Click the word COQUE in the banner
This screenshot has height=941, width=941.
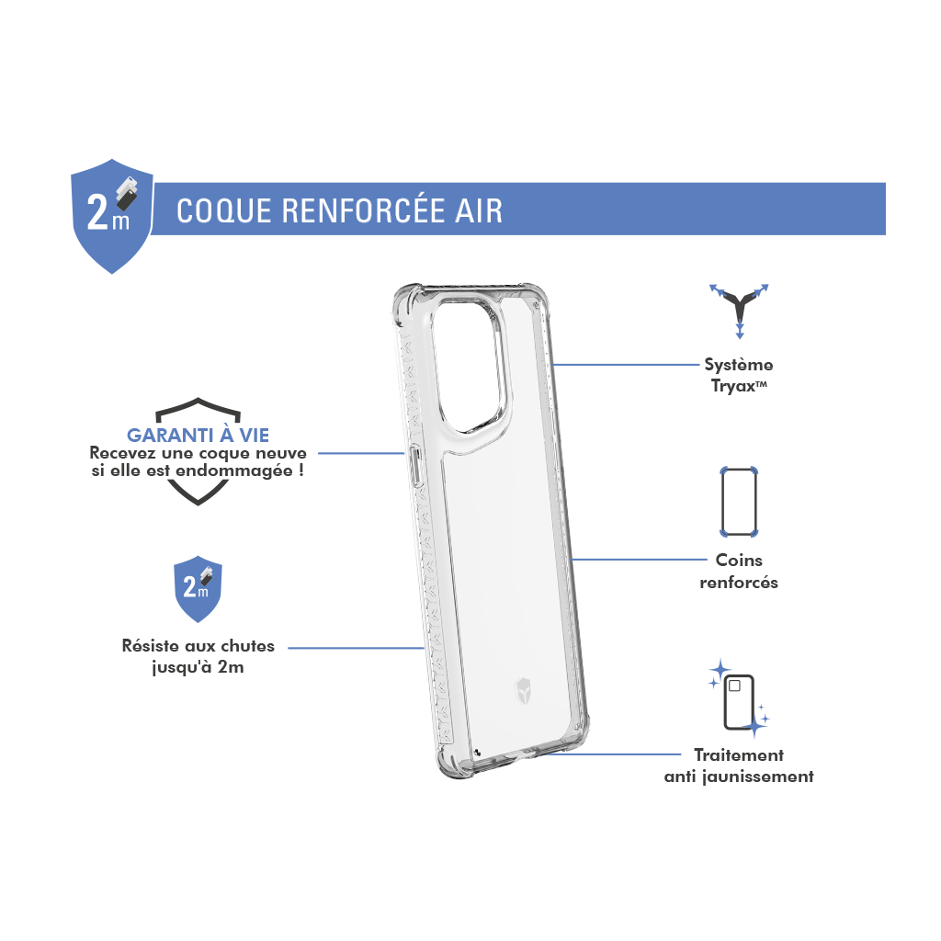click(x=224, y=210)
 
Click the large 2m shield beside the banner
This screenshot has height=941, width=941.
click(x=111, y=216)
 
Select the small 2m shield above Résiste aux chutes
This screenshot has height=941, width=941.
click(x=198, y=589)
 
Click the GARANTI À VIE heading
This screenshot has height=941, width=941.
click(x=198, y=435)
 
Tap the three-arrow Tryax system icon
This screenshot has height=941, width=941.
click(x=740, y=311)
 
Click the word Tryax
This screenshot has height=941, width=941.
click(x=733, y=386)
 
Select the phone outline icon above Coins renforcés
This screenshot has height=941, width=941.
click(x=739, y=502)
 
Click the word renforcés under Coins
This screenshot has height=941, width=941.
click(x=739, y=582)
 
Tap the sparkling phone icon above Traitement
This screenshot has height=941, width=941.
click(x=739, y=698)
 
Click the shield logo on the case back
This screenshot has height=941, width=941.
click(x=523, y=691)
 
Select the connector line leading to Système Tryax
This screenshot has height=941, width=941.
click(x=626, y=364)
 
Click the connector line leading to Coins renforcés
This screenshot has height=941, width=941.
click(x=640, y=560)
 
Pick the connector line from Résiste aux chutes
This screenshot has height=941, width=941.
click(x=356, y=648)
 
